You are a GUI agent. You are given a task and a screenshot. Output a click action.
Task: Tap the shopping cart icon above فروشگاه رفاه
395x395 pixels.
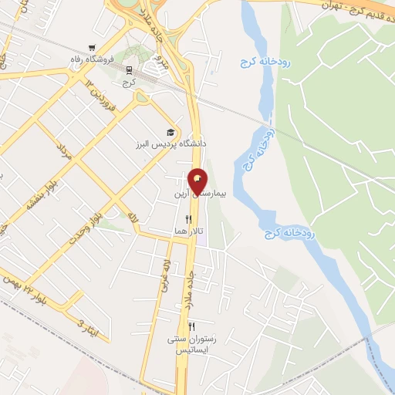[93, 47]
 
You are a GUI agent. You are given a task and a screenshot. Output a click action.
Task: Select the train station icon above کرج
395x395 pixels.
[129, 69]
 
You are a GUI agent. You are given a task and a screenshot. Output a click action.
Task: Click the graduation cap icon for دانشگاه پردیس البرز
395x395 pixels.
[170, 133]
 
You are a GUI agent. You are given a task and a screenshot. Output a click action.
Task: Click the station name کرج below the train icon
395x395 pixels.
[130, 81]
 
